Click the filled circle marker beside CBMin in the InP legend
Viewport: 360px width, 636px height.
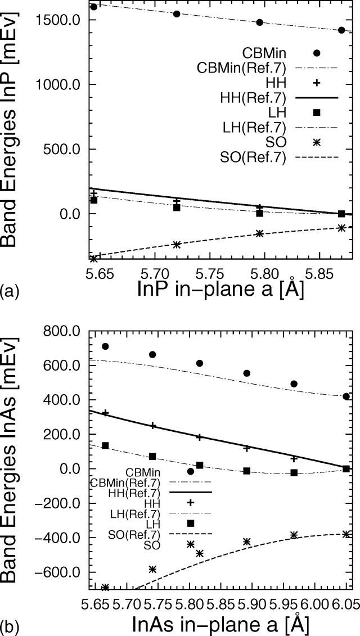coord(317,53)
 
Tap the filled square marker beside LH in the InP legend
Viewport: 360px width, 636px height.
coord(317,112)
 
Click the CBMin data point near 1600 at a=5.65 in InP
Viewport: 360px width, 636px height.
coord(94,7)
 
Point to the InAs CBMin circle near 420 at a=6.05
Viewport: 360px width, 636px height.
coord(346,396)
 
